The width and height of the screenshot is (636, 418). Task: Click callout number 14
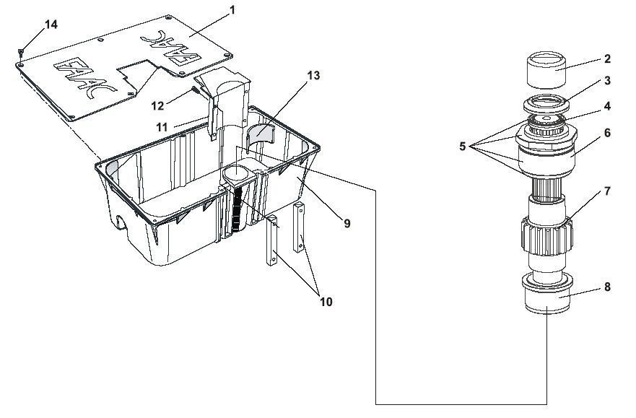click(x=51, y=25)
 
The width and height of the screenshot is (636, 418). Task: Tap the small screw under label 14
click(x=21, y=51)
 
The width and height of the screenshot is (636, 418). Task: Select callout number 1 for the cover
click(x=232, y=9)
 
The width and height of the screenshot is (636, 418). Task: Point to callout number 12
click(x=157, y=106)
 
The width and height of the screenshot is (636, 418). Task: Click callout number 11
click(x=162, y=128)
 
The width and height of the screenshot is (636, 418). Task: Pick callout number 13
click(x=313, y=75)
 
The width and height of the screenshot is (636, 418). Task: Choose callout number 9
click(x=347, y=223)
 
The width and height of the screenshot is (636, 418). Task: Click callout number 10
click(x=326, y=302)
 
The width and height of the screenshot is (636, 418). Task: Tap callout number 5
click(x=463, y=147)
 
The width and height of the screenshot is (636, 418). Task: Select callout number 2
click(x=607, y=58)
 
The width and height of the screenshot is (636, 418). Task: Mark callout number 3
click(x=607, y=81)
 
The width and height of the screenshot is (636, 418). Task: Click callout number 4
click(x=607, y=106)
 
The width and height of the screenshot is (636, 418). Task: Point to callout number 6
click(x=607, y=133)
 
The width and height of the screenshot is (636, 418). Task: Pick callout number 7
click(x=607, y=191)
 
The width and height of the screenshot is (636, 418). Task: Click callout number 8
click(x=607, y=287)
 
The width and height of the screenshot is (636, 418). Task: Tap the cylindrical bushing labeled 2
click(x=546, y=70)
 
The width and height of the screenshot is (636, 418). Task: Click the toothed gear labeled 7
click(x=546, y=235)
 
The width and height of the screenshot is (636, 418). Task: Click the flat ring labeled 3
click(x=546, y=105)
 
